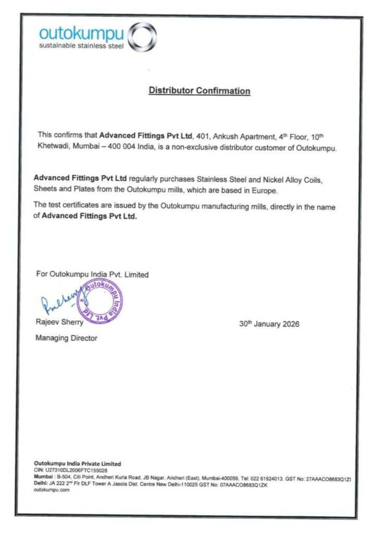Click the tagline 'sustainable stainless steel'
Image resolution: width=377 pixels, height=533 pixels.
(x=82, y=46)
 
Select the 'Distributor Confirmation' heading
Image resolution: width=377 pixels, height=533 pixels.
(x=199, y=91)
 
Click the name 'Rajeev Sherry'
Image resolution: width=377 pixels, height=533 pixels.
(x=59, y=323)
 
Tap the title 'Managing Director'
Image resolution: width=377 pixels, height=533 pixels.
(x=66, y=338)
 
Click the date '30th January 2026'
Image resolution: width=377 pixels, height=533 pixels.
(x=269, y=324)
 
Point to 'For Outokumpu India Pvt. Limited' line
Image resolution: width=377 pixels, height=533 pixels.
(x=92, y=274)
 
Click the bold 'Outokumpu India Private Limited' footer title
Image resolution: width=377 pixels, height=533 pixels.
(x=77, y=463)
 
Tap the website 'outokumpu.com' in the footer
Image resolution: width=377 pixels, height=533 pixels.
(x=52, y=490)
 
